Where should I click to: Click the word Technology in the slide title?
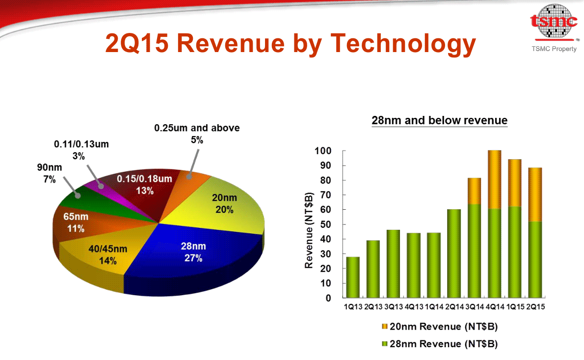pos(403,44)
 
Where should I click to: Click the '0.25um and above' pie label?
pos(197,134)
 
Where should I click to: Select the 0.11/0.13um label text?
pos(81,150)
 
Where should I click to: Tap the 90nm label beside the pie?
pos(50,173)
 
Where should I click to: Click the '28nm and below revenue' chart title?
pos(440,120)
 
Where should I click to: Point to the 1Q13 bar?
pos(353,277)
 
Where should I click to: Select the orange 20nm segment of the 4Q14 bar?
pos(495,179)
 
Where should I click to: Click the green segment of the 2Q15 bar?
pos(535,259)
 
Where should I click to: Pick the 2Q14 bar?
pos(454,253)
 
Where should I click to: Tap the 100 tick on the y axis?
pos(323,151)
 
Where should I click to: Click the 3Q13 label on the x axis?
pos(393,306)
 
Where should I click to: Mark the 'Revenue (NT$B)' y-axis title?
pos(309,230)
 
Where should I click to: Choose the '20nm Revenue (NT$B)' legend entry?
pos(440,327)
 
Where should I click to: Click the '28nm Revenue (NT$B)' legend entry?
pos(440,344)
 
